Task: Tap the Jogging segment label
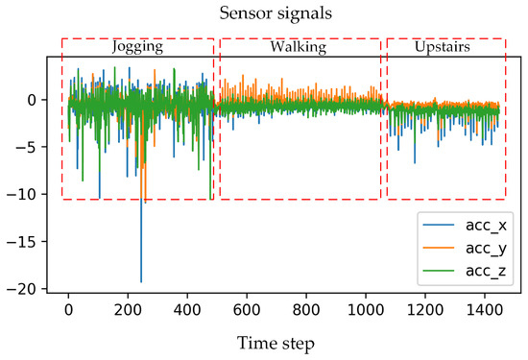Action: [x=137, y=46]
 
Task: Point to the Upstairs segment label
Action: [x=444, y=46]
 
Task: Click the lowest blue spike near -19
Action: [x=141, y=281]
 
